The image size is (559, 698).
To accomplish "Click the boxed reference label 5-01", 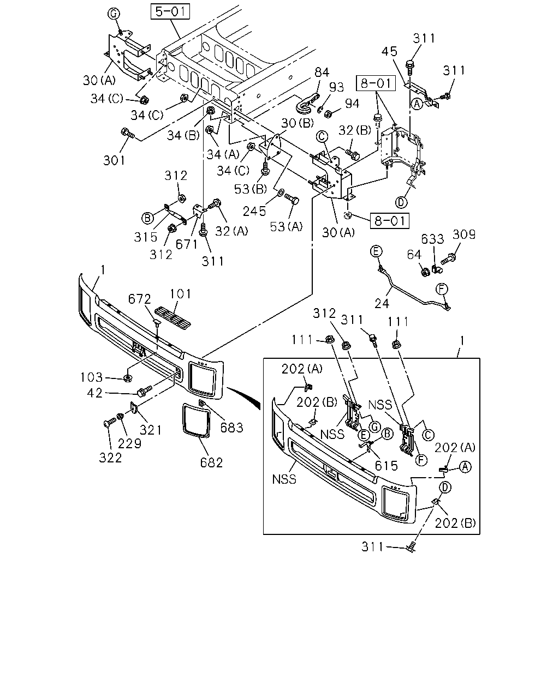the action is coord(170,11).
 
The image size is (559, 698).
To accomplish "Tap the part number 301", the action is coord(114,160).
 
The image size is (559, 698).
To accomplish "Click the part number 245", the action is coord(254,212).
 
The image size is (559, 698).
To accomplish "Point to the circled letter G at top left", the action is coord(114,14).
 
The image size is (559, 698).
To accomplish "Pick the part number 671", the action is coord(187,244).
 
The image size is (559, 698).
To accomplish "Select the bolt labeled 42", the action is coord(144,390).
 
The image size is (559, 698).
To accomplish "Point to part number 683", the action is coord(231,428).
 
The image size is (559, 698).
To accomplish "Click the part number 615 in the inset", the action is coord(386,466).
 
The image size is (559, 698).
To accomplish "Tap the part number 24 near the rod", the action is coord(382,304).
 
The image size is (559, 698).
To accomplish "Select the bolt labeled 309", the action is coord(449,259).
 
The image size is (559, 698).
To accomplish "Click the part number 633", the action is coord(432,239).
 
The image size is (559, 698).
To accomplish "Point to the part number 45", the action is coord(389,51).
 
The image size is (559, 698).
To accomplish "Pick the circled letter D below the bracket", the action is coord(401,202).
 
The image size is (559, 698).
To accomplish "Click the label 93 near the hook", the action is coord(336,87).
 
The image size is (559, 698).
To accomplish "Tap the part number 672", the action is coord(140,299).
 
